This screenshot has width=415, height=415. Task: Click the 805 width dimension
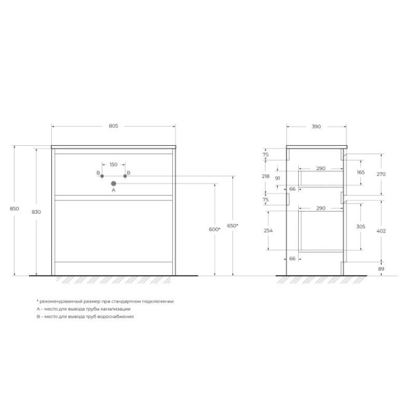point(114,126)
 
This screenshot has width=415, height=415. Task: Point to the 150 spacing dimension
point(113,165)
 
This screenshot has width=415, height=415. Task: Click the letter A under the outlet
point(113,190)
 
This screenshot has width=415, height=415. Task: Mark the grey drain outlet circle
point(113,183)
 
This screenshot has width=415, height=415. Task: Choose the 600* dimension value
point(214,230)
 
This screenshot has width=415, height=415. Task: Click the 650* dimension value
point(233,226)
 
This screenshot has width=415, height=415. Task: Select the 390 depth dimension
point(315,126)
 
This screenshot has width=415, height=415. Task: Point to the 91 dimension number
point(277,178)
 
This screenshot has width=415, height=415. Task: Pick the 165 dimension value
point(360,172)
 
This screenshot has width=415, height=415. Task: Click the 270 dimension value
point(380,174)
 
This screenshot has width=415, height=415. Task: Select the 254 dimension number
point(268,231)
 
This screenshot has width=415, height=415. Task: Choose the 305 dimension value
point(360,227)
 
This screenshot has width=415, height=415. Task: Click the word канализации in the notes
point(125,308)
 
